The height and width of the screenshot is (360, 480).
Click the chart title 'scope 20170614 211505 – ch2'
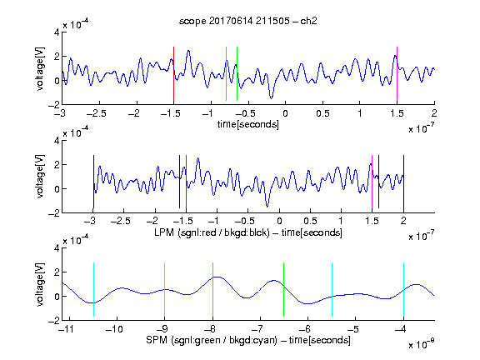[248, 21]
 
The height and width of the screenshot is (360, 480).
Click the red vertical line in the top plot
[173, 74]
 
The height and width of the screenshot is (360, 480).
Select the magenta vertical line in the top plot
[397, 74]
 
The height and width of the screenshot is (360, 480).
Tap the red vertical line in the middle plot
[186, 182]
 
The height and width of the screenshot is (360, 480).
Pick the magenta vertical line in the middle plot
[372, 182]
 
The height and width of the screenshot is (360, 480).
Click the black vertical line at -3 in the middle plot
[93, 182]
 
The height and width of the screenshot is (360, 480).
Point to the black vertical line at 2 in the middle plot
[403, 182]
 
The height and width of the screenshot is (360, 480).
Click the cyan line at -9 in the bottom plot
[164, 290]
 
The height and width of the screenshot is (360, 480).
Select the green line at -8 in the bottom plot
[212, 290]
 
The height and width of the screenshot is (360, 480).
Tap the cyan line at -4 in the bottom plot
[403, 290]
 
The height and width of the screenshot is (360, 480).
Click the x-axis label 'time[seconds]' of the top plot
[248, 125]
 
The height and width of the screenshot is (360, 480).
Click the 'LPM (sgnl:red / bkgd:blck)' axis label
[212, 232]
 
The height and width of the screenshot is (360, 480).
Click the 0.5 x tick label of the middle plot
[310, 221]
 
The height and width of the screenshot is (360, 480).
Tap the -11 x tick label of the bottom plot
[67, 329]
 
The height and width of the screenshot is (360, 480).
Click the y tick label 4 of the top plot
[57, 32]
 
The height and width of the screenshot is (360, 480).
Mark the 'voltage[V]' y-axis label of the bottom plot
[40, 285]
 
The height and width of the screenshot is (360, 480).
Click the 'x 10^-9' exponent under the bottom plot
[422, 343]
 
